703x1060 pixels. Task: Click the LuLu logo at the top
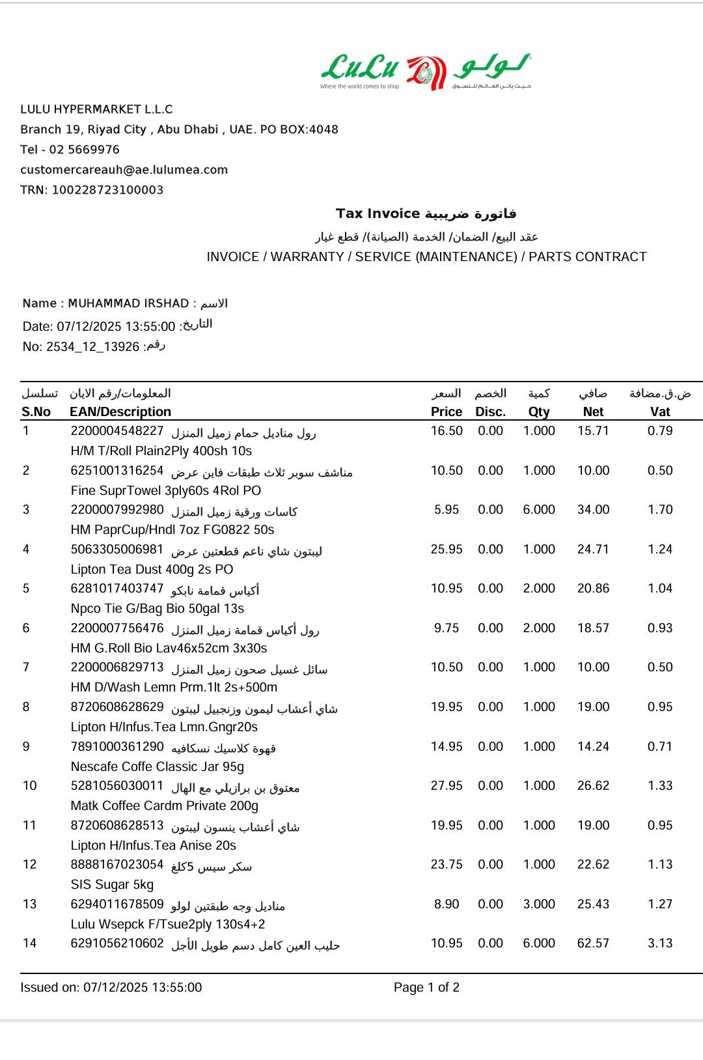point(426,72)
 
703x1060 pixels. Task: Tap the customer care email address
point(124,170)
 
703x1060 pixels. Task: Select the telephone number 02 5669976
point(84,150)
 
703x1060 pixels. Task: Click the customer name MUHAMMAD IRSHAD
point(128,303)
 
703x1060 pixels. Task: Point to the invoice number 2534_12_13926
point(92,347)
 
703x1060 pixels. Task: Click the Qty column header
point(539,411)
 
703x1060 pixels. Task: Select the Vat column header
point(659,411)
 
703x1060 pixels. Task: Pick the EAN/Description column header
point(120,411)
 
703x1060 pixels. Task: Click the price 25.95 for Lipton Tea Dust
point(447,550)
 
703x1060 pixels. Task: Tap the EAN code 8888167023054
point(117,865)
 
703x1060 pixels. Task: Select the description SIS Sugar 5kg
point(112,885)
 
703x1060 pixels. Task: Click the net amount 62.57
point(593,943)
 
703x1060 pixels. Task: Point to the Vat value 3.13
point(659,943)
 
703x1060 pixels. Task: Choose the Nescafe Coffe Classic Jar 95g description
point(157,767)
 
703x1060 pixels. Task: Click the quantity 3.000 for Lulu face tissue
point(539,904)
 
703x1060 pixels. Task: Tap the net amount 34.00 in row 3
point(593,510)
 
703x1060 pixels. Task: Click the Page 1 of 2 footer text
point(426,988)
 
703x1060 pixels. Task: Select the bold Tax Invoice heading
point(378,214)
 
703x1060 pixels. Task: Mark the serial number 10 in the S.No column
point(30,786)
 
